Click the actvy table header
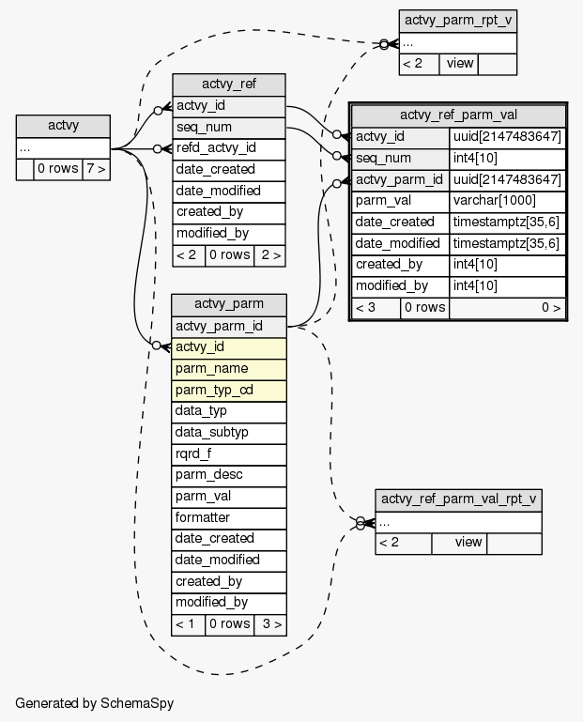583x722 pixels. pyautogui.click(x=63, y=126)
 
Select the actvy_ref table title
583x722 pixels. pyautogui.click(x=229, y=84)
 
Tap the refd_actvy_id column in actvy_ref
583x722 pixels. pyautogui.click(x=229, y=147)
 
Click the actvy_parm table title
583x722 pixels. pyautogui.click(x=228, y=304)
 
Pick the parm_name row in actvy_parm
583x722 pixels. pyautogui.click(x=228, y=368)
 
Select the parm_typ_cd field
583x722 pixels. pyautogui.click(x=228, y=390)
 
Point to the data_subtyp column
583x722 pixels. pyautogui.click(x=228, y=432)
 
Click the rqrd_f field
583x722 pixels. pyautogui.click(x=228, y=453)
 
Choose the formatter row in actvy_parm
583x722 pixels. pyautogui.click(x=228, y=517)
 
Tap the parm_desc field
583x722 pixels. pyautogui.click(x=228, y=475)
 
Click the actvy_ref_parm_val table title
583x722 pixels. pyautogui.click(x=458, y=115)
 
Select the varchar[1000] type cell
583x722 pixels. pyautogui.click(x=507, y=200)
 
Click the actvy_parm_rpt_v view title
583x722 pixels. pyautogui.click(x=458, y=21)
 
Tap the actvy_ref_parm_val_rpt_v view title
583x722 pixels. pyautogui.click(x=458, y=499)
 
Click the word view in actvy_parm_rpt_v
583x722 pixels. pyautogui.click(x=460, y=64)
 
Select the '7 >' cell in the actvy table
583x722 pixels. pyautogui.click(x=95, y=170)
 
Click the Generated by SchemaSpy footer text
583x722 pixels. pyautogui.click(x=94, y=702)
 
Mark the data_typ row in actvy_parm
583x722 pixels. pyautogui.click(x=228, y=411)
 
